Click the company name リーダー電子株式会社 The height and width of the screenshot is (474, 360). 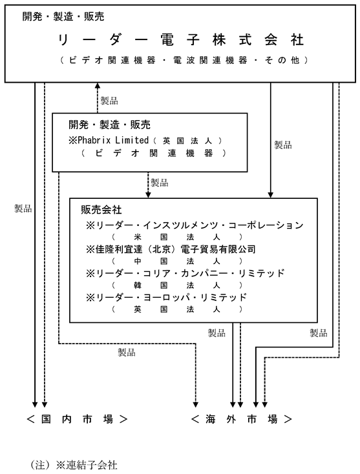[180, 40]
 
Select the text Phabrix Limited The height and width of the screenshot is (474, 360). [113, 140]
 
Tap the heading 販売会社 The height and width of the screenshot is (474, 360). [101, 209]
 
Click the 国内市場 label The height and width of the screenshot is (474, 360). [77, 419]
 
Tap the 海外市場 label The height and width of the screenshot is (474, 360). [242, 419]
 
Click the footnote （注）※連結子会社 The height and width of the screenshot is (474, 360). [74, 464]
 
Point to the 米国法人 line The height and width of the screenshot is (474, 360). [177, 237]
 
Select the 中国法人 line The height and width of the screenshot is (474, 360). [177, 261]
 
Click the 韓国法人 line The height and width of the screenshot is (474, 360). [177, 285]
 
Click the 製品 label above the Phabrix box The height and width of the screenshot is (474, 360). [109, 101]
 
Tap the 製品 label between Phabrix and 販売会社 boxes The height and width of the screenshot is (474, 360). [160, 183]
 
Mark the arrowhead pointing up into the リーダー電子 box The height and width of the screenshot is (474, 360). [98, 85]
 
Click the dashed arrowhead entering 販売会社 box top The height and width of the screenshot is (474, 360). [148, 194]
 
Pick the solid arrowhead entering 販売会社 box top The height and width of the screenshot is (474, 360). [270, 194]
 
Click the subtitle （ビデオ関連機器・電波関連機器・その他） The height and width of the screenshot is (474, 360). [184, 60]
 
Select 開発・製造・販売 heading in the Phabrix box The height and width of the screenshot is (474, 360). [109, 125]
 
